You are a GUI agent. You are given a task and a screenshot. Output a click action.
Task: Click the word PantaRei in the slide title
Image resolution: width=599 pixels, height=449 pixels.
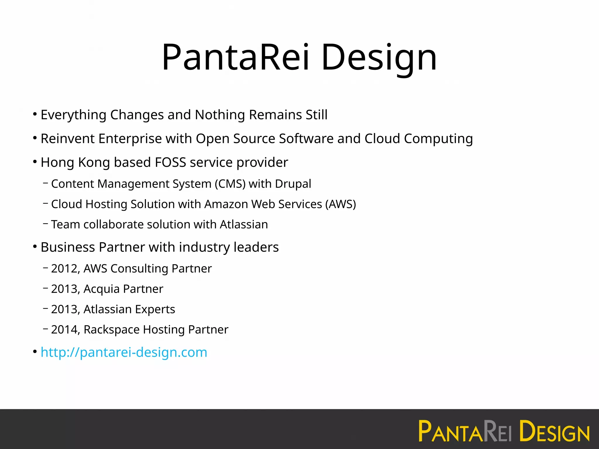tap(235, 57)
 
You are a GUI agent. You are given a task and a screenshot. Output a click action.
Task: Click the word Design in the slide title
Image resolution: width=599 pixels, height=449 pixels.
tap(379, 57)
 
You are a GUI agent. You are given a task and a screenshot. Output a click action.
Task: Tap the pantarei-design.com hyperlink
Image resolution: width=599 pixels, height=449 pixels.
tap(124, 352)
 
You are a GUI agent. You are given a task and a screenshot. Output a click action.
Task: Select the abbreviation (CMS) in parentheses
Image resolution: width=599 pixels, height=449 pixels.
tap(230, 184)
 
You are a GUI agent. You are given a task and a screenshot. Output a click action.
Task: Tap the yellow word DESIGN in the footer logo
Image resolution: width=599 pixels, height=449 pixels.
tap(554, 431)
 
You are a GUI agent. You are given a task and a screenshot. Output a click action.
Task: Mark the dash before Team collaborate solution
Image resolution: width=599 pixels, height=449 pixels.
tap(45, 224)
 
